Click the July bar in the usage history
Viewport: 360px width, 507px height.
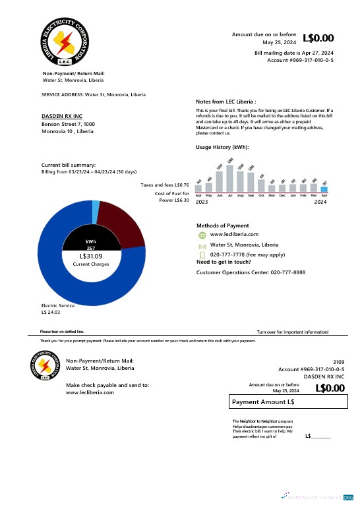click(x=230, y=178)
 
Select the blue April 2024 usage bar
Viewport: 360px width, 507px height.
click(x=324, y=189)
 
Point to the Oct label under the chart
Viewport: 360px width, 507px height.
click(x=261, y=196)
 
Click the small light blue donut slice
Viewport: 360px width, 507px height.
click(x=96, y=210)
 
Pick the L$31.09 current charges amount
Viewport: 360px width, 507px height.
click(x=90, y=256)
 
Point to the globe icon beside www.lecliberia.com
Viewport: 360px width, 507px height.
click(x=202, y=234)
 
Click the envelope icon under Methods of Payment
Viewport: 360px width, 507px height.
click(x=202, y=245)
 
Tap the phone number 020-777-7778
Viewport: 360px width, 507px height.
click(x=228, y=254)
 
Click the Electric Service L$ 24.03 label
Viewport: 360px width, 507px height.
click(x=58, y=309)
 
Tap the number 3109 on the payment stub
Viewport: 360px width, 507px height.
click(x=338, y=362)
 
